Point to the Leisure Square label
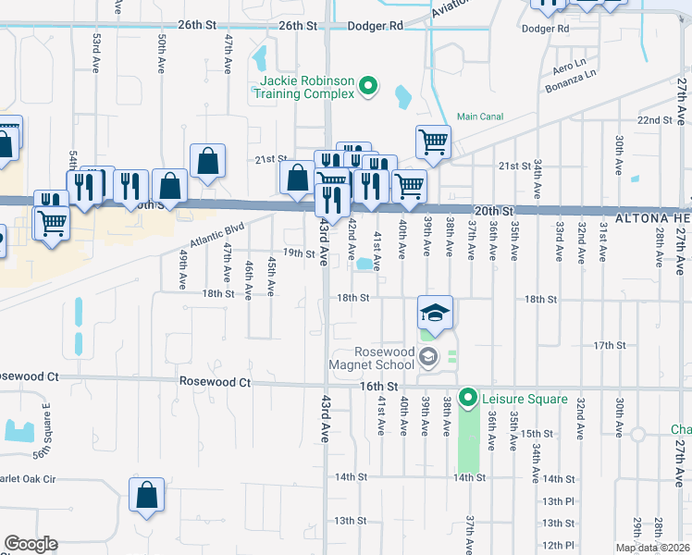pos(524,399)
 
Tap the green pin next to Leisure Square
pos(468,399)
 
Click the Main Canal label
pos(479,117)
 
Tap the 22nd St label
pos(655,120)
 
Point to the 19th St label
pos(299,253)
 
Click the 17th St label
pos(610,345)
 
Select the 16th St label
pos(379,385)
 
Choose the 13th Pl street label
pos(558,500)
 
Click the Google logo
pos(31,544)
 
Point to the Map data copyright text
pos(650,548)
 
